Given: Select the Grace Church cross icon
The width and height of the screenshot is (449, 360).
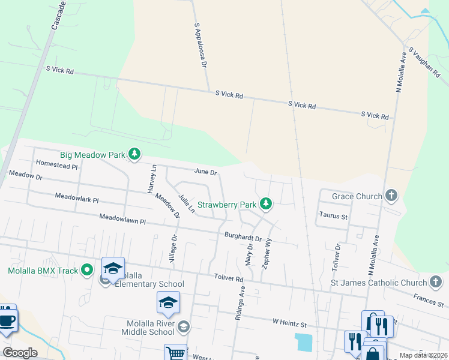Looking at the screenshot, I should (x=391, y=196).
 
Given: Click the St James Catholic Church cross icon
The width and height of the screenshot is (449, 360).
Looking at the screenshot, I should (x=436, y=282).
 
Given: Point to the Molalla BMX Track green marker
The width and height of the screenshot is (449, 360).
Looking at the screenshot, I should (x=88, y=270).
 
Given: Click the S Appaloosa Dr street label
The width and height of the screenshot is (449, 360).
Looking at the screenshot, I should (x=200, y=45).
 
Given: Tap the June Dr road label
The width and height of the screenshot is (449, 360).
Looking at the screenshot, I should (x=205, y=172).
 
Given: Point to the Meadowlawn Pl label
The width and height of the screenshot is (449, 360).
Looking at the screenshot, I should (x=122, y=220).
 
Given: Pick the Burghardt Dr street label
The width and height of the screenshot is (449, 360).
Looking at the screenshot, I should (x=243, y=238).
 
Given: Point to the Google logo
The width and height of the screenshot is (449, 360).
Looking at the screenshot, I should (x=20, y=352).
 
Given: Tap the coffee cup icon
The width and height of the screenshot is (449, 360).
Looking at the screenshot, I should (x=7, y=319).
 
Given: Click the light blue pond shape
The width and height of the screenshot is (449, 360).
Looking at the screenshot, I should (x=304, y=343).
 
